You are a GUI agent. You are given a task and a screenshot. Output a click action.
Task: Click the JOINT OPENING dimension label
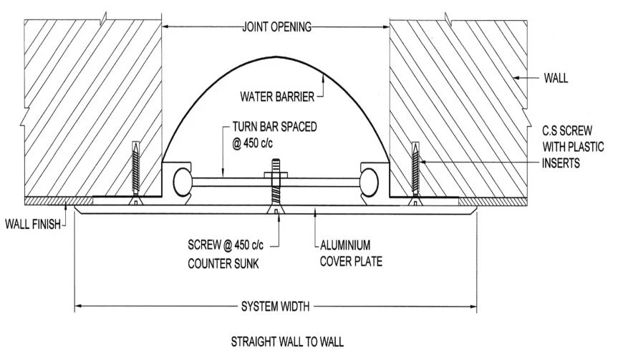pos(276,28)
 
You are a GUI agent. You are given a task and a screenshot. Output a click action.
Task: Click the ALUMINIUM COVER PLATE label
pos(352,253)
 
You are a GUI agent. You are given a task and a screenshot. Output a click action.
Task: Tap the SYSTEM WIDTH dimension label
pos(275,308)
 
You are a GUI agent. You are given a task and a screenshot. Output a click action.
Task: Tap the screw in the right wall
pos(413,172)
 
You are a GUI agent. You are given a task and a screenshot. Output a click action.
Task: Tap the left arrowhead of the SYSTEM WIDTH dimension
pos(79,308)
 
